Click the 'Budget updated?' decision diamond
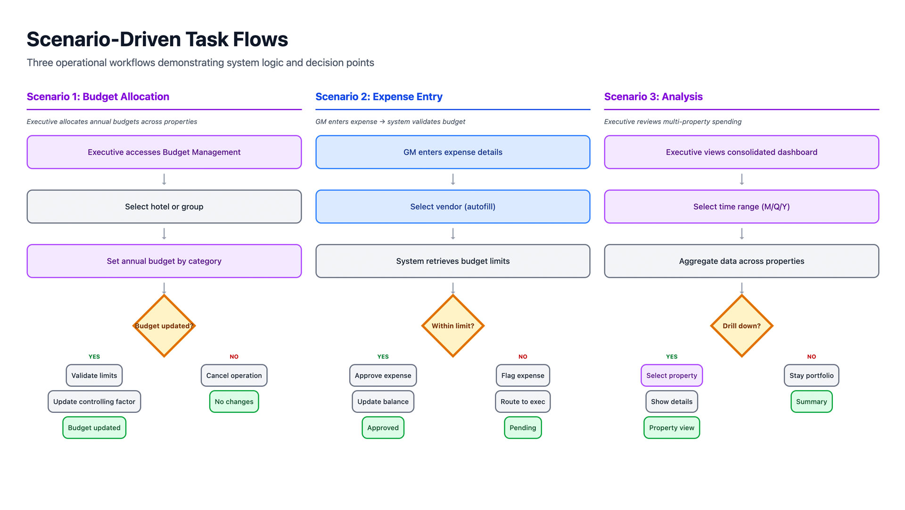click(x=164, y=326)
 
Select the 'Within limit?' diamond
click(x=452, y=326)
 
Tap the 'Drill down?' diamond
click(x=741, y=326)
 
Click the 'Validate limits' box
click(x=94, y=376)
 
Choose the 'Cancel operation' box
click(x=234, y=376)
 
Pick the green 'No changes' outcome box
click(x=234, y=401)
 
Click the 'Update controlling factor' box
click(x=94, y=401)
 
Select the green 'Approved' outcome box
click(x=383, y=427)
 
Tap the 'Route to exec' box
click(x=523, y=401)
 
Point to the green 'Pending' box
click(x=523, y=427)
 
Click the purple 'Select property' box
click(x=672, y=376)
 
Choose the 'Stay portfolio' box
click(x=811, y=376)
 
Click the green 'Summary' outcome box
click(x=811, y=401)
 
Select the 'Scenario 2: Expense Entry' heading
click(x=378, y=97)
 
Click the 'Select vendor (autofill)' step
click(x=452, y=207)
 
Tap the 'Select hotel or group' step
click(x=164, y=207)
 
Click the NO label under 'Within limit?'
click(x=523, y=357)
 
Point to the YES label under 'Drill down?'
click(x=672, y=357)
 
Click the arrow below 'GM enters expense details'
click(x=452, y=179)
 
